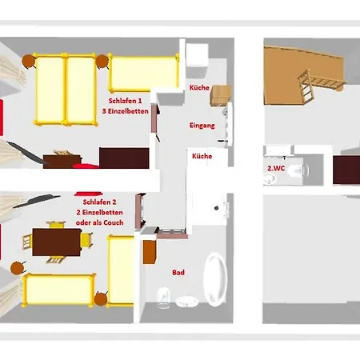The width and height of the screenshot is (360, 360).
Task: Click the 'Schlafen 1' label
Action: click(125, 101)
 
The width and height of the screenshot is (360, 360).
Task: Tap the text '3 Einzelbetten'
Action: click(126, 111)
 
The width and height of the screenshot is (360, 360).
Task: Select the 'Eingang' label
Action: click(202, 126)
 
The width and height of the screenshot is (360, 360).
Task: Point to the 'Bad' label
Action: click(178, 272)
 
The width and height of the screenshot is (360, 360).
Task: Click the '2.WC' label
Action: click(276, 168)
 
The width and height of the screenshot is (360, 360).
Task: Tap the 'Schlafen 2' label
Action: click(99, 202)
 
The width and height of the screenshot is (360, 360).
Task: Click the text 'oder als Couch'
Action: click(100, 222)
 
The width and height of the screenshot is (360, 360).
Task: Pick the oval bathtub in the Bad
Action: click(215, 279)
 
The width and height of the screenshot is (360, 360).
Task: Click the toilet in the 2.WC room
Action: click(298, 170)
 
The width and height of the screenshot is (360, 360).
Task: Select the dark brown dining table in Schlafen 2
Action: click(57, 242)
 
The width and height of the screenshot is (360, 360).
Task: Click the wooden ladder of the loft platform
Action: click(306, 86)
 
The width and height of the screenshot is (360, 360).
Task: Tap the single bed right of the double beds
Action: click(144, 73)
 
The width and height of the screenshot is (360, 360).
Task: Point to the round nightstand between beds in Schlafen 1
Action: click(102, 62)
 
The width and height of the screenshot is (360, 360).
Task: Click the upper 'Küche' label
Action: click(199, 87)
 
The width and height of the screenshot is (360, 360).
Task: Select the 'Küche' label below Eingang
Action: click(202, 156)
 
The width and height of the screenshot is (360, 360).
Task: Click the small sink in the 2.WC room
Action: click(270, 179)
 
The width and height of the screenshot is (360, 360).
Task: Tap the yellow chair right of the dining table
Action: click(87, 239)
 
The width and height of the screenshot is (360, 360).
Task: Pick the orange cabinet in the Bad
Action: click(149, 252)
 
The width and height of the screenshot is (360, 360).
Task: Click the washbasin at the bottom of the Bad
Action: click(187, 302)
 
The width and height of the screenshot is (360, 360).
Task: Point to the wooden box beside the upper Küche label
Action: click(221, 95)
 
